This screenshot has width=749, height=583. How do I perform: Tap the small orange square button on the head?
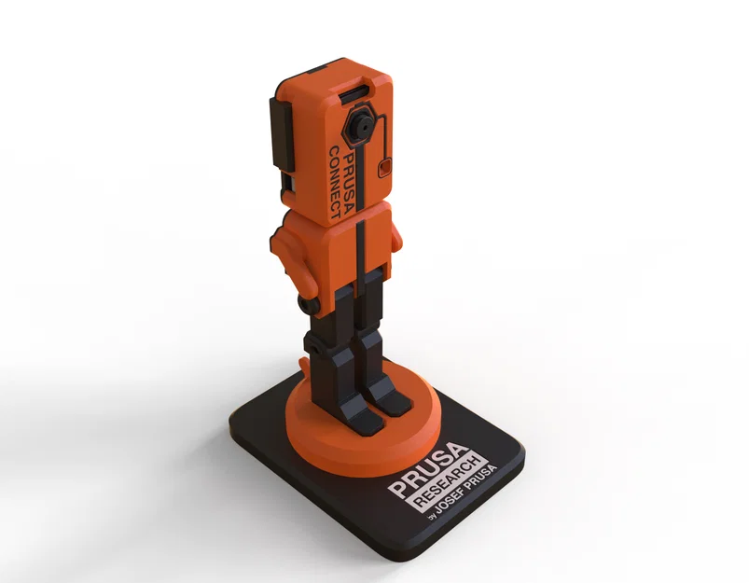pos(383,168)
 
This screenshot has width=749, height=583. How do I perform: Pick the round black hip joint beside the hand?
pos(312,303)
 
